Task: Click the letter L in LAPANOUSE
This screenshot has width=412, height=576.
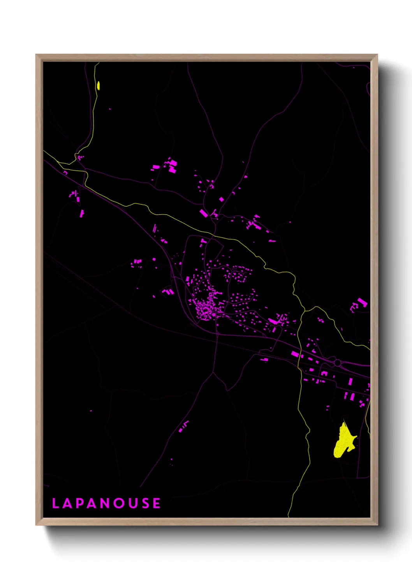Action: click(55, 503)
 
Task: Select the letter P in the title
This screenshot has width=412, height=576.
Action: click(80, 503)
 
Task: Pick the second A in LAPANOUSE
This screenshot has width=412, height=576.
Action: click(92, 503)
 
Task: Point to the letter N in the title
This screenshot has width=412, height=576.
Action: click(105, 503)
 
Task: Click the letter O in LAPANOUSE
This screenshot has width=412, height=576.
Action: click(119, 503)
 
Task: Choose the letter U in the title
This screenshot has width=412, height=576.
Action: click(133, 503)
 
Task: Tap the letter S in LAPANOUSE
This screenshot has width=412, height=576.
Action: click(145, 503)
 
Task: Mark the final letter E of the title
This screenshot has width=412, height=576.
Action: click(157, 503)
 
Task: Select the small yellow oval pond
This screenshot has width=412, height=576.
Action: click(99, 85)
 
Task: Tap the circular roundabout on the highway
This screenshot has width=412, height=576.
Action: click(337, 363)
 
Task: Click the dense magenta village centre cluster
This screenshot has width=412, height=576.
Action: click(204, 309)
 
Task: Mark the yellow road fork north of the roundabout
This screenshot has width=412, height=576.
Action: click(305, 311)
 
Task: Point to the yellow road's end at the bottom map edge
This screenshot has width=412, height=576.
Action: click(289, 516)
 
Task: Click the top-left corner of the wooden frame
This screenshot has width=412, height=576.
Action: click(36, 55)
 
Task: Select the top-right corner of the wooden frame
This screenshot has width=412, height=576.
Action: click(377, 55)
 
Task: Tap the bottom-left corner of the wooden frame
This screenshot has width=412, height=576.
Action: click(36, 525)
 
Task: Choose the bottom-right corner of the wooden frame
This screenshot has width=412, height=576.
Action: click(377, 525)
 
